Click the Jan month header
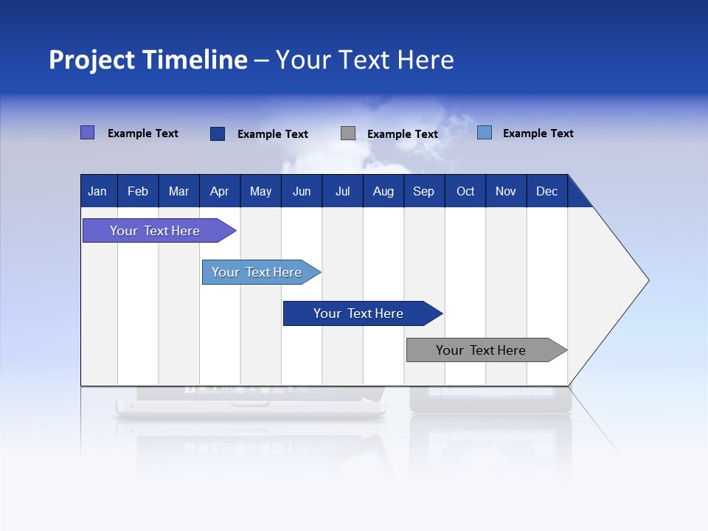pos(98,191)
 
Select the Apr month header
pos(220,191)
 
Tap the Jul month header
pos(342,191)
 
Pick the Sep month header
pos(424,191)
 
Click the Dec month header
pos(546,191)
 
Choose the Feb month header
pos(138,191)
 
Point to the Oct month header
pos(465,191)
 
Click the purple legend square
pos(87,133)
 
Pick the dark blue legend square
pos(218,133)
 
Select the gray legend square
pos(348,133)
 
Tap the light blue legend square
pos(485,133)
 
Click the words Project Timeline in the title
pos(148,60)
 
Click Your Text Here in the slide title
pos(364,60)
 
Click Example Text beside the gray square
pos(403,134)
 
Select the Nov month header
pos(506,191)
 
